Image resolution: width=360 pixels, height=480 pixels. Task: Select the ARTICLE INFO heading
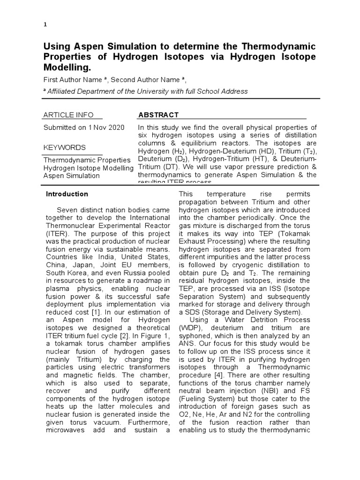(68, 115)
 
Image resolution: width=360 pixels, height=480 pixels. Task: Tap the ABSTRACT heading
(158, 115)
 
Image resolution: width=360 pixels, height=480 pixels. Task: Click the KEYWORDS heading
(65, 147)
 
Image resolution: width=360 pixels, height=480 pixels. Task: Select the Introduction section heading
(67, 194)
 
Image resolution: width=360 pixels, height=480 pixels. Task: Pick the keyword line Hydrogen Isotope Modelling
(88, 167)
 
